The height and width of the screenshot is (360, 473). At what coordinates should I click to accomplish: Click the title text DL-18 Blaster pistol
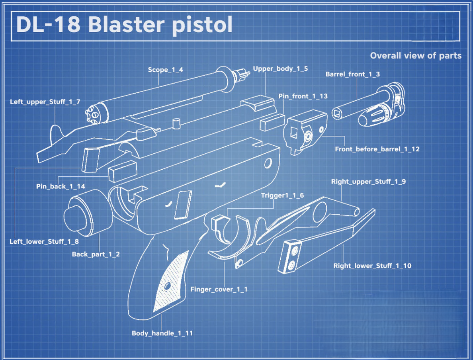point(124,25)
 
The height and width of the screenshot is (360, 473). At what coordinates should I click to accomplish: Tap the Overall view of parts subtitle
point(415,56)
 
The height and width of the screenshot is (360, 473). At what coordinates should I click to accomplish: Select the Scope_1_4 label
point(165,70)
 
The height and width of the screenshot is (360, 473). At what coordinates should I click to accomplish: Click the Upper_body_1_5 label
point(280,68)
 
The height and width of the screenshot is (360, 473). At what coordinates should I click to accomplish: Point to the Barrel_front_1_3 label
point(352,74)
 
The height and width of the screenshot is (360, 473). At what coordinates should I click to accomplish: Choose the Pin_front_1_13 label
point(303,96)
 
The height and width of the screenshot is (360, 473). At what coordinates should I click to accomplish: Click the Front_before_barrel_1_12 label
point(377,149)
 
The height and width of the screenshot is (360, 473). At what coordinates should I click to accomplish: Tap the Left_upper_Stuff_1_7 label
point(45,102)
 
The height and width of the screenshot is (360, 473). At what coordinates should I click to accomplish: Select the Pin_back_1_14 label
point(61,186)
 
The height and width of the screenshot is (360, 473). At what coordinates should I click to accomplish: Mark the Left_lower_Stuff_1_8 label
point(44,241)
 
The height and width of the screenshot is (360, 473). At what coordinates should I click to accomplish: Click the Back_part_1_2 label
point(96,254)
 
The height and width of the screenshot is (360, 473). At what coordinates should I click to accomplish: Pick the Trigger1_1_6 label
point(282,195)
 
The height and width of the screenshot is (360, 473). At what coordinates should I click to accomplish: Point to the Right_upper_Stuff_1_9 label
point(368,182)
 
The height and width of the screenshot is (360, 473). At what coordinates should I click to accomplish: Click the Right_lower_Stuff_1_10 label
point(372,266)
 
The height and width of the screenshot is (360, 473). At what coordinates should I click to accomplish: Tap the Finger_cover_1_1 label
point(219,289)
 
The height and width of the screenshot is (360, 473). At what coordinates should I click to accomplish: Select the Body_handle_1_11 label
point(162,333)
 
